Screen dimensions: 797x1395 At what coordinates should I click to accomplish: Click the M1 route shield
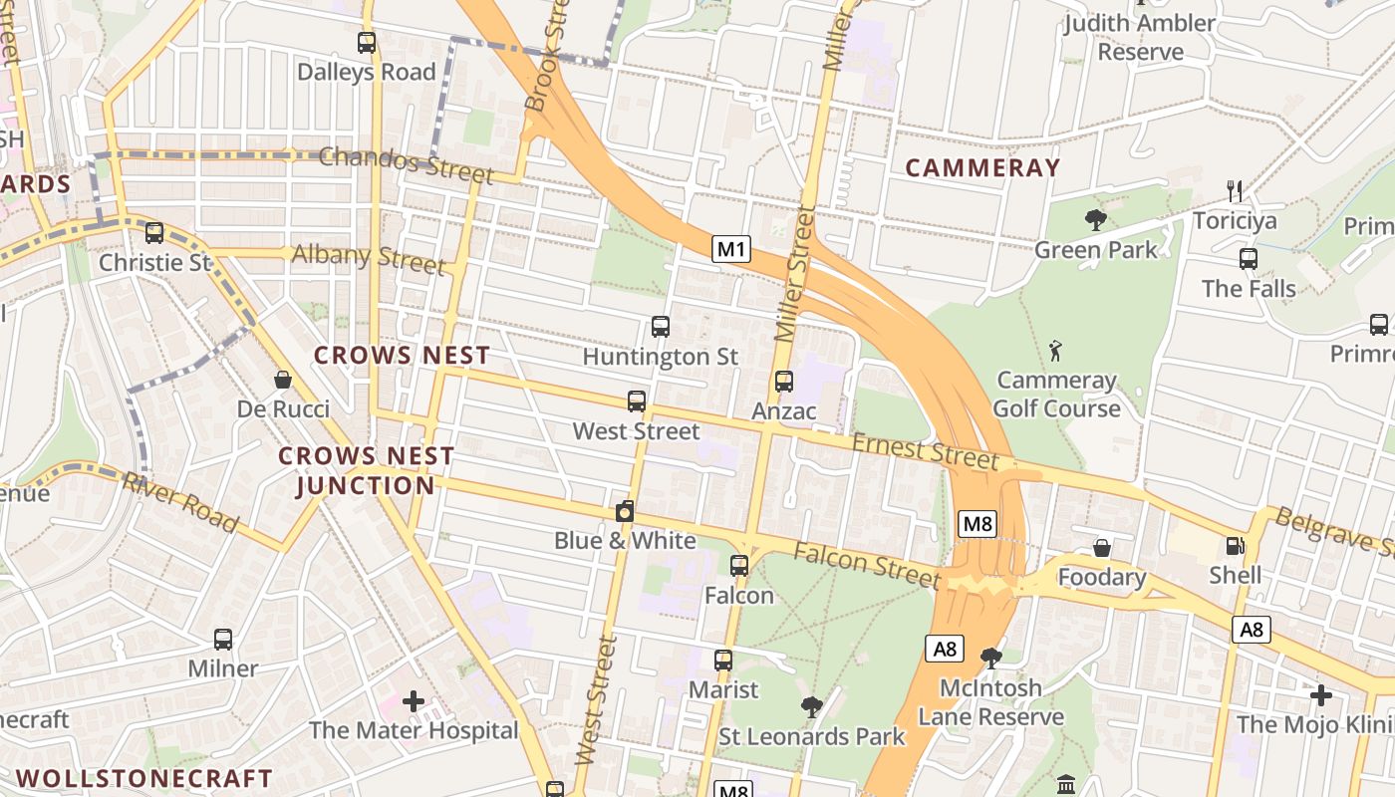pyautogui.click(x=730, y=249)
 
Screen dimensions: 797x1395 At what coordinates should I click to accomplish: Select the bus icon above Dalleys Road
pyautogui.click(x=367, y=43)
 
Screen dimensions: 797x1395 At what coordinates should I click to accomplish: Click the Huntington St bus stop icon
pyautogui.click(x=660, y=327)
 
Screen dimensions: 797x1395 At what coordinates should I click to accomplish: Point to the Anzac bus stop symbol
pyautogui.click(x=784, y=382)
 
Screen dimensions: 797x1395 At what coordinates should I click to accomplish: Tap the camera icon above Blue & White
pyautogui.click(x=625, y=512)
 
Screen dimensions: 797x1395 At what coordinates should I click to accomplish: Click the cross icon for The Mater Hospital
pyautogui.click(x=414, y=701)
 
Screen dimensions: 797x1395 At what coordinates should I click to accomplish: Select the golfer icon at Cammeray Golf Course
pyautogui.click(x=1056, y=351)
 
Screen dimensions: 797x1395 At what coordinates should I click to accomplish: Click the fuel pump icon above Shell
pyautogui.click(x=1235, y=546)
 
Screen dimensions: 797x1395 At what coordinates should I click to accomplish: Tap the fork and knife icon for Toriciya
pyautogui.click(x=1235, y=190)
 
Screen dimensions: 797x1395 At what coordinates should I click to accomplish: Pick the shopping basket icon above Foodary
pyautogui.click(x=1102, y=548)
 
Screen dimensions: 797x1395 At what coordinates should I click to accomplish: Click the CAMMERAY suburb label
pyautogui.click(x=982, y=167)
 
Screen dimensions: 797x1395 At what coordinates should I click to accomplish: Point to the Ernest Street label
pyautogui.click(x=926, y=452)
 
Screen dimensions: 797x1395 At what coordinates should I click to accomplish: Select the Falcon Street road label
pyautogui.click(x=866, y=564)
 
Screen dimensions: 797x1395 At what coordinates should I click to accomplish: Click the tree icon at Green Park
pyautogui.click(x=1096, y=220)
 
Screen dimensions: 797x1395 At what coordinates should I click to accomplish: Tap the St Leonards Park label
pyautogui.click(x=812, y=737)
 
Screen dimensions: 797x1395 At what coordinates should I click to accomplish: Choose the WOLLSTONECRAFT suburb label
pyautogui.click(x=144, y=777)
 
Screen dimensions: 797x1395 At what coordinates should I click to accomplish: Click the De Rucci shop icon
pyautogui.click(x=283, y=380)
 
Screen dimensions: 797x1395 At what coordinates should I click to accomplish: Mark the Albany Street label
pyautogui.click(x=368, y=258)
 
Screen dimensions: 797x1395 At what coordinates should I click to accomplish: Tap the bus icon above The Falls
pyautogui.click(x=1249, y=259)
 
